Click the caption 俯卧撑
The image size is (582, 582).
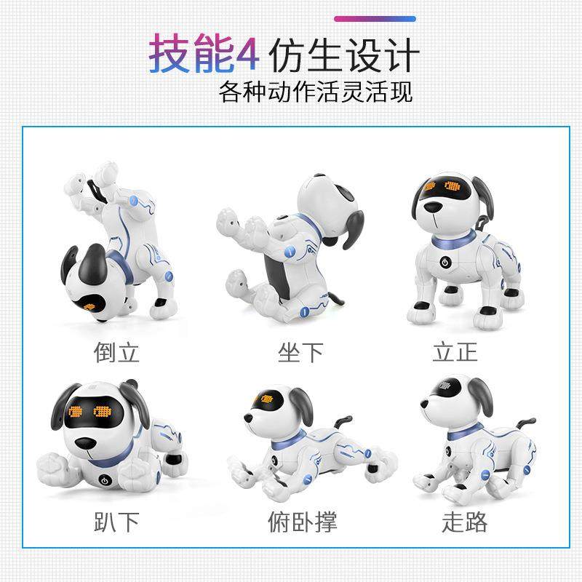[x=300, y=521]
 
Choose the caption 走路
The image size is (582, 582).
[x=465, y=521]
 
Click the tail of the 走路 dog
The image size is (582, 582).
[x=525, y=423]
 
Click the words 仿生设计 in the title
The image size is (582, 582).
[x=344, y=55]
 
